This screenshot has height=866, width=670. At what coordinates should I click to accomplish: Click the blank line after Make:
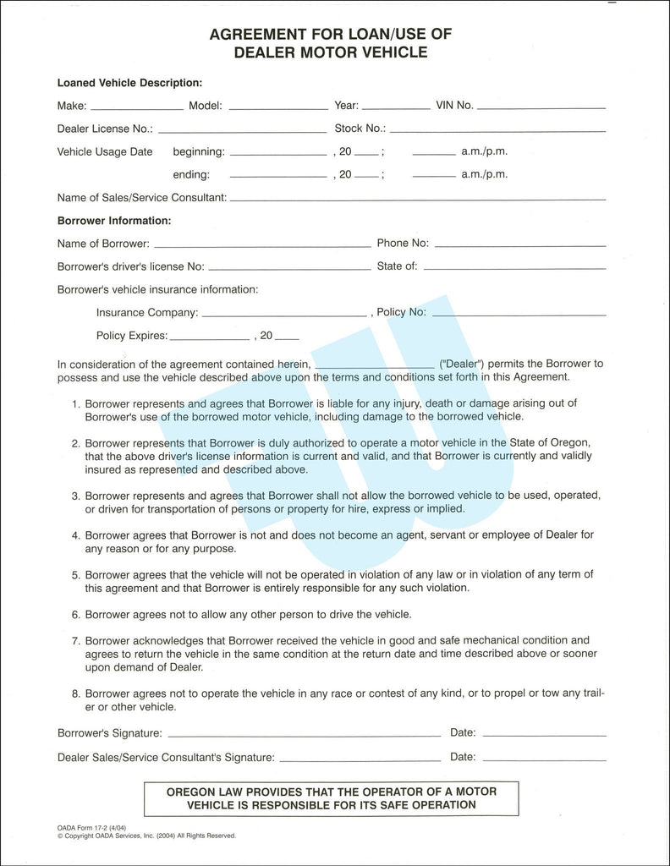136,109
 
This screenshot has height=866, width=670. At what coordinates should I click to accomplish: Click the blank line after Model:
277,109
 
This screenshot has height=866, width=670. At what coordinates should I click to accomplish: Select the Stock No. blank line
497,131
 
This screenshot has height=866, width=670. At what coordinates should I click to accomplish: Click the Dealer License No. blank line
242,131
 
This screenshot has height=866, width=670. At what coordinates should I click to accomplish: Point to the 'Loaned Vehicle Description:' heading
129,83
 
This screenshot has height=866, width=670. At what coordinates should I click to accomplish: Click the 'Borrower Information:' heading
114,221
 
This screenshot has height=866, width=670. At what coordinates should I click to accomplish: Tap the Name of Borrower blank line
261,246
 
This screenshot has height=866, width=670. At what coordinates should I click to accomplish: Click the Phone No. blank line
520,246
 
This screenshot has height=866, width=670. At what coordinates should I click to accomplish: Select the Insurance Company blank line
286,315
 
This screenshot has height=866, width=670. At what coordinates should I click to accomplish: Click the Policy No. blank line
519,315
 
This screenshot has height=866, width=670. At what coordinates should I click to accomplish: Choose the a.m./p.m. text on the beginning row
484,152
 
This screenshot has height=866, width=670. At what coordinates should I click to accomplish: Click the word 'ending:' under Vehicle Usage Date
191,175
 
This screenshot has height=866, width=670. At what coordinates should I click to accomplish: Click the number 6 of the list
75,614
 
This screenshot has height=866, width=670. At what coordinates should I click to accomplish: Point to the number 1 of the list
75,403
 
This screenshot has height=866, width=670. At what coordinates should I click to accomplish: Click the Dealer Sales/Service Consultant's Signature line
360,760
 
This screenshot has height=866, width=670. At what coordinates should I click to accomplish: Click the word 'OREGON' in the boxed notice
192,792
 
